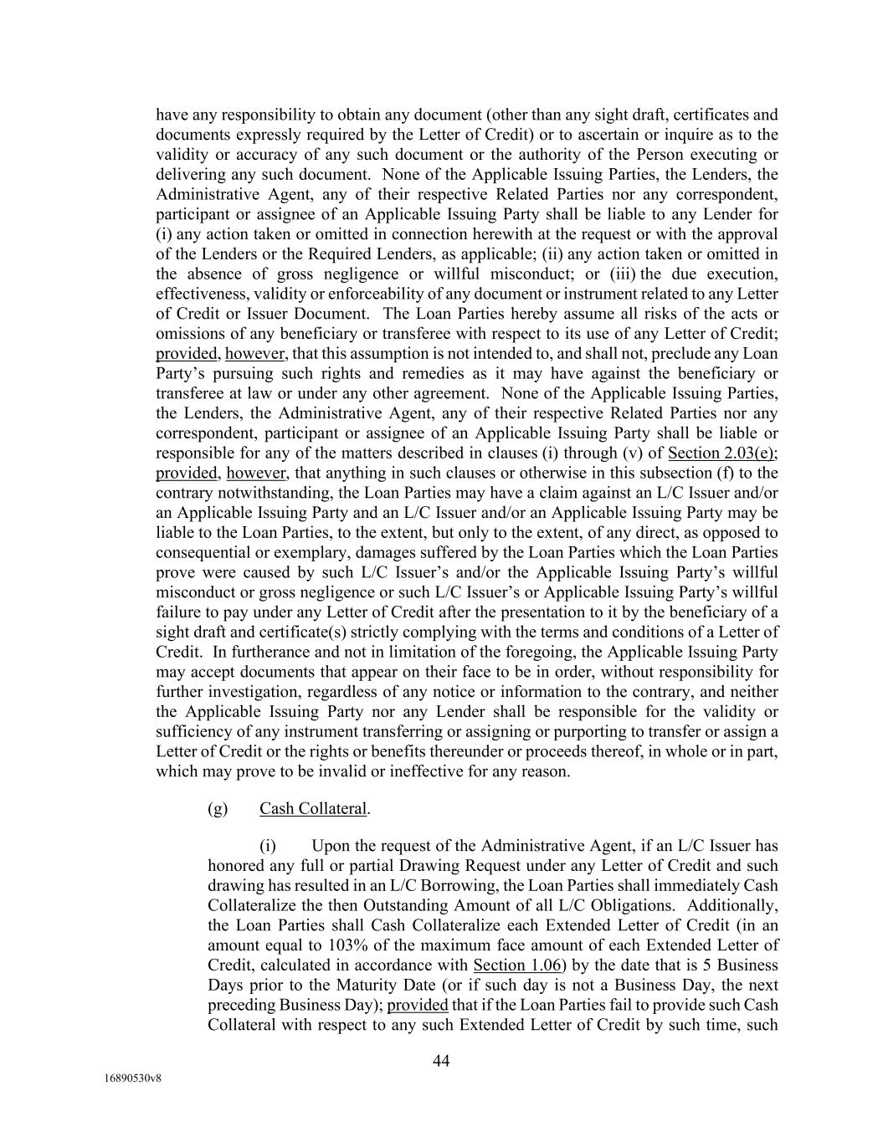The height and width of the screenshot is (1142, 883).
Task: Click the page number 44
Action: tap(441, 1062)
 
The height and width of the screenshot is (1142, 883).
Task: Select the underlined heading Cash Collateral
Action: tap(313, 808)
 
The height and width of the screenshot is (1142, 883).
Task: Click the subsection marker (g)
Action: tap(218, 808)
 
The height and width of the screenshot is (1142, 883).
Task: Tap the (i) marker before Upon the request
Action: tap(268, 845)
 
